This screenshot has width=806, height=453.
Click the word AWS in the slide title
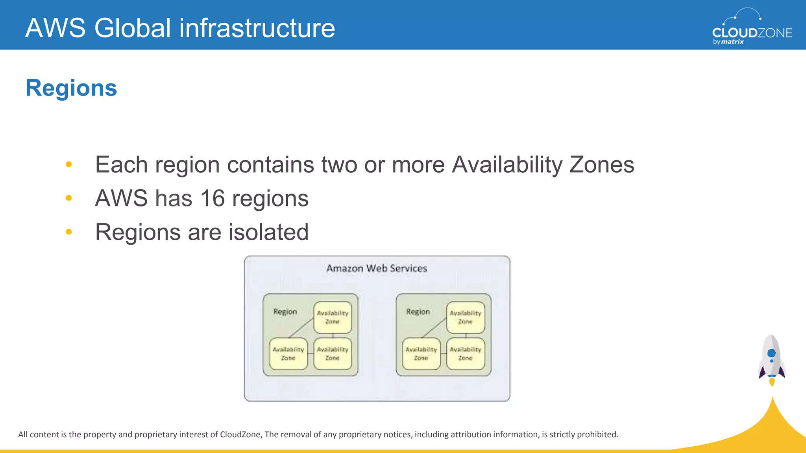point(55,28)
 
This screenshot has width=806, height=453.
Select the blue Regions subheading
point(71,88)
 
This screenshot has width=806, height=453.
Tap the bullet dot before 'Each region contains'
point(69,164)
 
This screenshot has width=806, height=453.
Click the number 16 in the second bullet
point(213,198)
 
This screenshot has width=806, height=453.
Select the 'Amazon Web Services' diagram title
point(377,269)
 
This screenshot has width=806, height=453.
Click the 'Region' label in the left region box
point(285,312)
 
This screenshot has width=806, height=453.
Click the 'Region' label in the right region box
point(418,312)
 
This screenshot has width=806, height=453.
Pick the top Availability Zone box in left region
point(333,317)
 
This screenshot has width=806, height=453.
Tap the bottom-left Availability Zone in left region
point(288,354)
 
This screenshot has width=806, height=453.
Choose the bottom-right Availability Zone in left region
point(333,354)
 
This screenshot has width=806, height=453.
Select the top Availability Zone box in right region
point(466,317)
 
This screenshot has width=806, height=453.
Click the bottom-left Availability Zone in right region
point(421,354)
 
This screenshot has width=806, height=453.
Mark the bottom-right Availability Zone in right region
point(466,354)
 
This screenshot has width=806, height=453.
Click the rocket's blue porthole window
point(771,353)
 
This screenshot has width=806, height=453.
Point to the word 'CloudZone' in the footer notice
point(240,435)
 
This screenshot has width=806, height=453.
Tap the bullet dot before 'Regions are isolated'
point(69,232)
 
